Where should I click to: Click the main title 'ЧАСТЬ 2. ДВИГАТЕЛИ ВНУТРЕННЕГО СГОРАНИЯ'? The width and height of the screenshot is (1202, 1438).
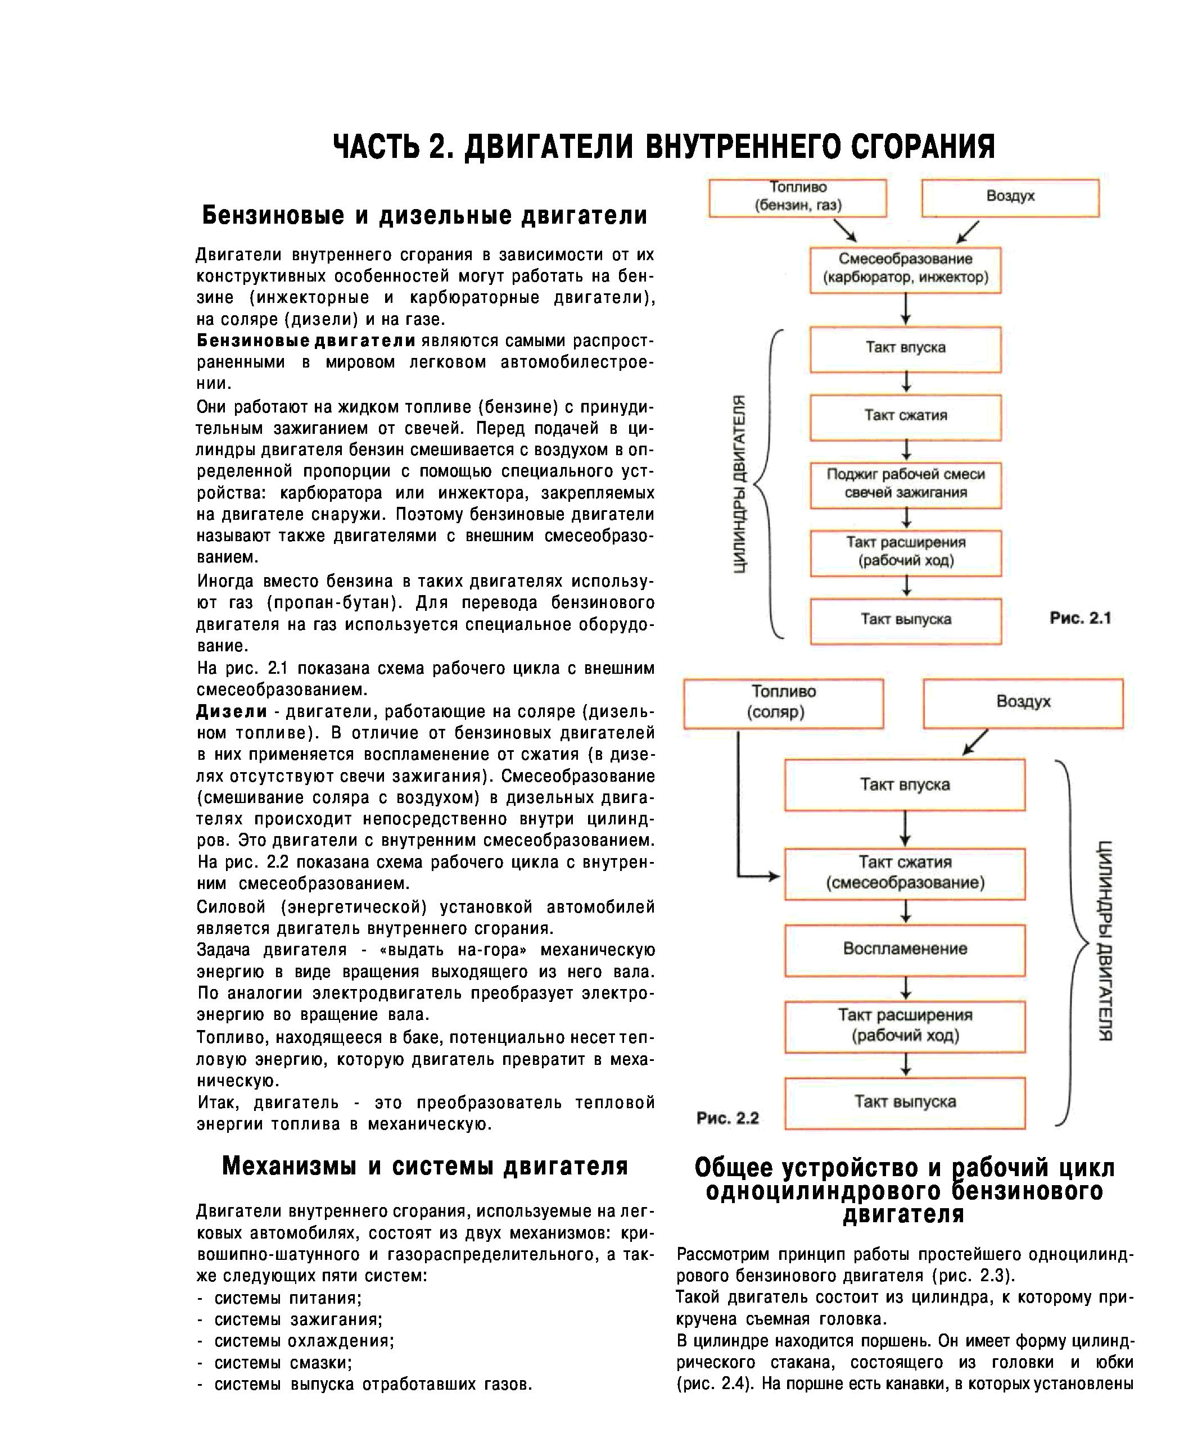[x=663, y=147]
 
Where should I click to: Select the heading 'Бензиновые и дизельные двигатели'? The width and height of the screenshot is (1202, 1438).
[x=424, y=216]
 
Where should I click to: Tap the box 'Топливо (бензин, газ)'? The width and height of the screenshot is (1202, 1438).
[x=798, y=197]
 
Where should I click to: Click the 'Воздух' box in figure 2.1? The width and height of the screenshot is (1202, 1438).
[x=1010, y=197]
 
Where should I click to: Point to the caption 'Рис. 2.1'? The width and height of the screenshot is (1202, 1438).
[x=1080, y=618]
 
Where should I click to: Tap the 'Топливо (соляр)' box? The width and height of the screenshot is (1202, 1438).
[x=783, y=702]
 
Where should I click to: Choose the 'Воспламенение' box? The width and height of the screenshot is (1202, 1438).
[x=905, y=950]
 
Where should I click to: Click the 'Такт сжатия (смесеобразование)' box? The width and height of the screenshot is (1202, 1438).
[x=905, y=874]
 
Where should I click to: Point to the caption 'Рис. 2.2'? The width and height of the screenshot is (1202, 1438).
[x=727, y=1118]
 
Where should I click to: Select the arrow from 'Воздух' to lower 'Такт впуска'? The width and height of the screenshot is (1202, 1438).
[x=975, y=742]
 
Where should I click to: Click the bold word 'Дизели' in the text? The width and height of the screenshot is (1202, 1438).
[x=232, y=711]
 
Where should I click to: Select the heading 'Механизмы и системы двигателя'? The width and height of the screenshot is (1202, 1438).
[x=424, y=1166]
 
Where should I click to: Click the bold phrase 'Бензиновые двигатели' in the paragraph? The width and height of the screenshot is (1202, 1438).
[x=306, y=341]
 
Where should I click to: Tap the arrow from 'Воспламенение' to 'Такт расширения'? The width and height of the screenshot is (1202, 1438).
[x=906, y=988]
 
